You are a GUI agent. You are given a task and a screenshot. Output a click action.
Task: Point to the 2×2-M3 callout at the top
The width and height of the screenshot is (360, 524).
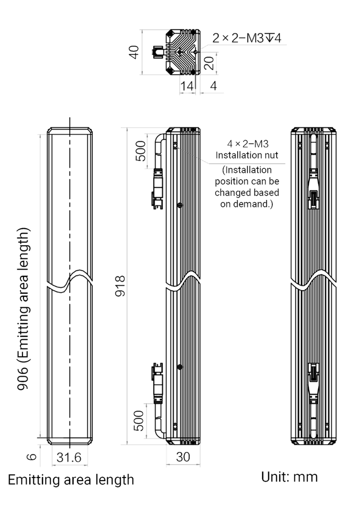tap(248, 37)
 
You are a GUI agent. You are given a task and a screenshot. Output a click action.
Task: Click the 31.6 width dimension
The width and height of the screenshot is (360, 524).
tap(70, 457)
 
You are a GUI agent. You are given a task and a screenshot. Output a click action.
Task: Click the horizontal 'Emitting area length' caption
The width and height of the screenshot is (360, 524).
tap(71, 481)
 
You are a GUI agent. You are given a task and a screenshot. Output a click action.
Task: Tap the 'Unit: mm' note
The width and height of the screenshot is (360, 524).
tap(289, 478)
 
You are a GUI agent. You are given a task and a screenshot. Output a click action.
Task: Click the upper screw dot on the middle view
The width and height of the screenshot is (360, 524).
tap(179, 205)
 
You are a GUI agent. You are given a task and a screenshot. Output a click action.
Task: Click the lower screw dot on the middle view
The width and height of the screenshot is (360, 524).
tap(179, 366)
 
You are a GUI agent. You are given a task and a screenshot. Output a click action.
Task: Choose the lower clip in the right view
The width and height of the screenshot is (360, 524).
tap(313, 381)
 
